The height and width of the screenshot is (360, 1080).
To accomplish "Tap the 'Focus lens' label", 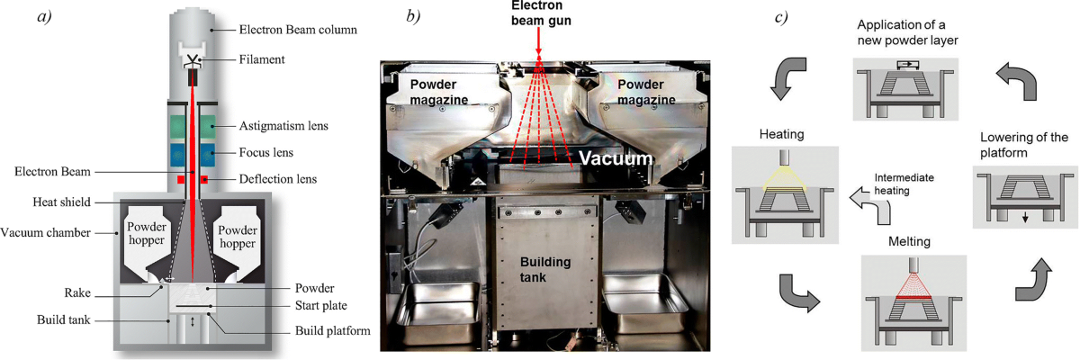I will click(x=274, y=152).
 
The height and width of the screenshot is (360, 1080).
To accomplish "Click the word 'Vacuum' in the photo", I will click(x=615, y=156).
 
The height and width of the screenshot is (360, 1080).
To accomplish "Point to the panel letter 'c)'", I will click(x=781, y=17).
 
